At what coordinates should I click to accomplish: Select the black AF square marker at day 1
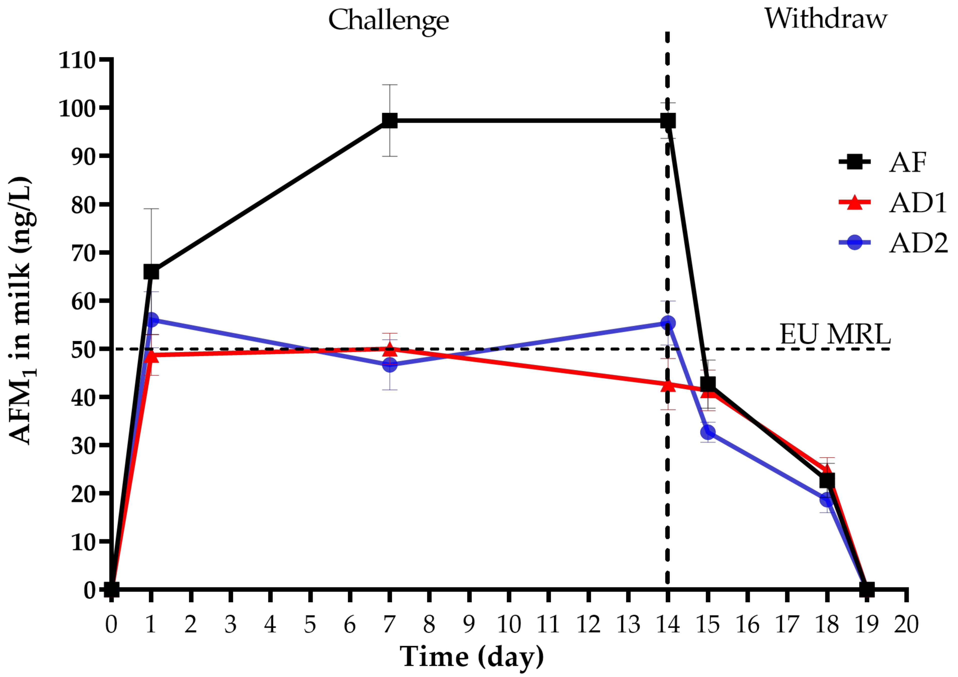[151, 272]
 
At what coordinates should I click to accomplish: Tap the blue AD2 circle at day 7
[389, 365]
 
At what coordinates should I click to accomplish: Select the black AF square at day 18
[827, 480]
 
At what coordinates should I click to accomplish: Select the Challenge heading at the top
[389, 20]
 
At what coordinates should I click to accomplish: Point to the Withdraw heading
[825, 19]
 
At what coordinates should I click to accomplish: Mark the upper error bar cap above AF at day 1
[151, 209]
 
